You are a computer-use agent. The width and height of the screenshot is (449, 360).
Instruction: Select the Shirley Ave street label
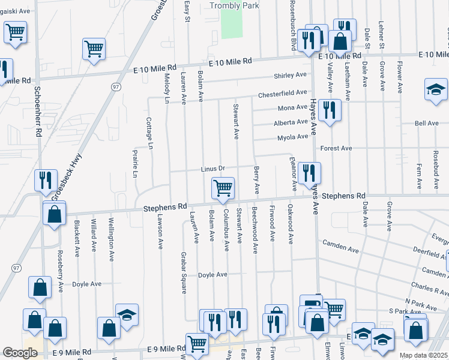pyautogui.click(x=290, y=75)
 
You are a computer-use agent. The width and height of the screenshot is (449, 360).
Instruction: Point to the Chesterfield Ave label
pyautogui.click(x=283, y=94)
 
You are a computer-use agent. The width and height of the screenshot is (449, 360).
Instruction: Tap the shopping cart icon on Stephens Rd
pyautogui.click(x=223, y=188)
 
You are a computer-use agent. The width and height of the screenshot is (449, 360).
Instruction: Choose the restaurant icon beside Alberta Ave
pyautogui.click(x=329, y=110)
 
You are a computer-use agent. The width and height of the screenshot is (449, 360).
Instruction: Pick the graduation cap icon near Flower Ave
pyautogui.click(x=436, y=89)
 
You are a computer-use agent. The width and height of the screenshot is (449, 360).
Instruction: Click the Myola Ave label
pyautogui.click(x=292, y=137)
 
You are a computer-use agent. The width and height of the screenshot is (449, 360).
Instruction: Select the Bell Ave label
pyautogui.click(x=427, y=123)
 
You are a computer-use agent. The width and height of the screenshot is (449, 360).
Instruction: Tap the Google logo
pyautogui.click(x=20, y=353)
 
